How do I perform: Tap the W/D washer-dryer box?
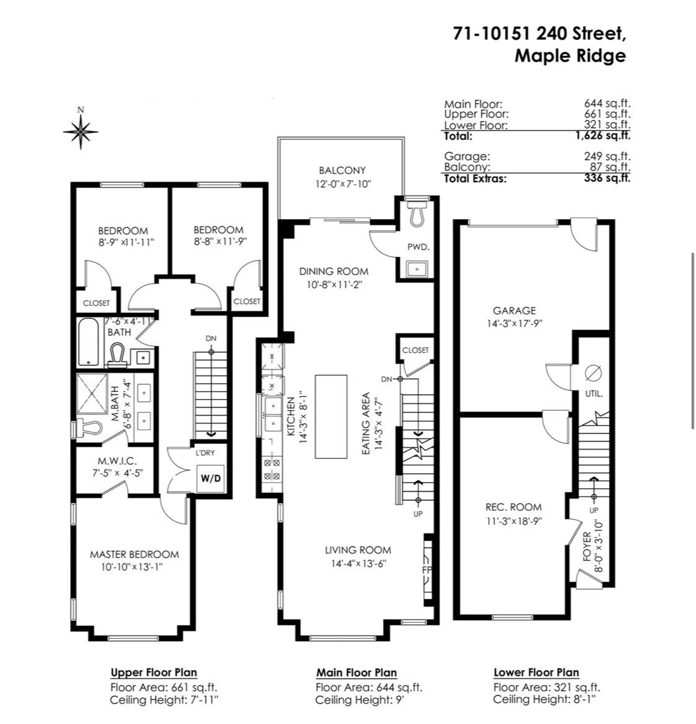pos(211,478)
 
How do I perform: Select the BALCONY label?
pos(342,170)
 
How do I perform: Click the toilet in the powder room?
pos(418,215)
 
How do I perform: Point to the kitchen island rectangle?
pos(331,416)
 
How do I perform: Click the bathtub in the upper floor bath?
pos(88,341)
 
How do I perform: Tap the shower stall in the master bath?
pos(91,393)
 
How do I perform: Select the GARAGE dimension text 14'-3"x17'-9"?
pos(514,323)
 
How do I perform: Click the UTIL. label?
pos(594,394)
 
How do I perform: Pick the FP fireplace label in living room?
pos(427,570)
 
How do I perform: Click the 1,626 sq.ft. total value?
pos(602,136)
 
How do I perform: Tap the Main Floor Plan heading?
pos(356,673)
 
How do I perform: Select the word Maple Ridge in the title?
pos(570,56)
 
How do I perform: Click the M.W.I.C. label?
pos(117,461)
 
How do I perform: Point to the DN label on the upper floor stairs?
pos(211,338)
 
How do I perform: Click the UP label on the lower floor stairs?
pos(594,510)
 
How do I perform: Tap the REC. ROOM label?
pos(514,507)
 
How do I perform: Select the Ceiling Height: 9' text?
pos(360,700)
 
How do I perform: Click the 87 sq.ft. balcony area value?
pos(610,167)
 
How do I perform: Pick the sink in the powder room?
pos(417,269)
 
